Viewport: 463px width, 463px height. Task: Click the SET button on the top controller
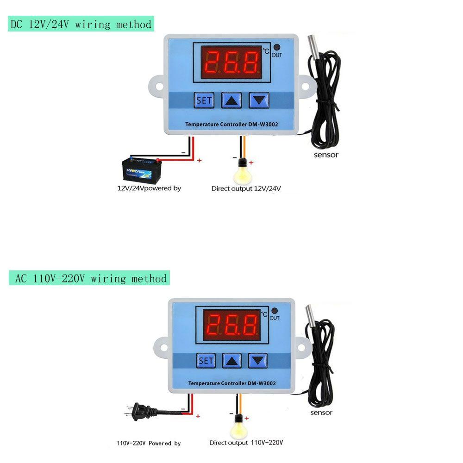pyautogui.click(x=204, y=100)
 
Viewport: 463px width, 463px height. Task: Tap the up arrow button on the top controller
pyautogui.click(x=231, y=100)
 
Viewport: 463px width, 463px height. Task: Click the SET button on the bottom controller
pyautogui.click(x=206, y=361)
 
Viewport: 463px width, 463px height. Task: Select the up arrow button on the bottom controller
pyautogui.click(x=232, y=361)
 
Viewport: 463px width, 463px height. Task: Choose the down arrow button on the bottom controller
pyautogui.click(x=258, y=361)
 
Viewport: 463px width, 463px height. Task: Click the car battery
pyautogui.click(x=142, y=170)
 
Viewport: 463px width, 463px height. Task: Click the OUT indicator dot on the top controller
pyautogui.click(x=277, y=47)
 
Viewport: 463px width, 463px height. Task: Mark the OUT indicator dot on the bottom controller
pyautogui.click(x=274, y=311)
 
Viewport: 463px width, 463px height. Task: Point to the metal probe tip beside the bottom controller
pyautogui.click(x=310, y=314)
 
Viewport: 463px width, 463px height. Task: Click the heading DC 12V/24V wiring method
pyautogui.click(x=81, y=24)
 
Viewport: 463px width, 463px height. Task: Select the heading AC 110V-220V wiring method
pyautogui.click(x=89, y=278)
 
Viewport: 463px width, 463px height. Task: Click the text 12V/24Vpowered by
pyautogui.click(x=149, y=188)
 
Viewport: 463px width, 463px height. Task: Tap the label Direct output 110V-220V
pyautogui.click(x=246, y=443)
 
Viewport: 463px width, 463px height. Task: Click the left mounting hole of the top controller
pyautogui.click(x=159, y=87)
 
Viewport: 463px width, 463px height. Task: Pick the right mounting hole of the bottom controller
pyautogui.click(x=301, y=347)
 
